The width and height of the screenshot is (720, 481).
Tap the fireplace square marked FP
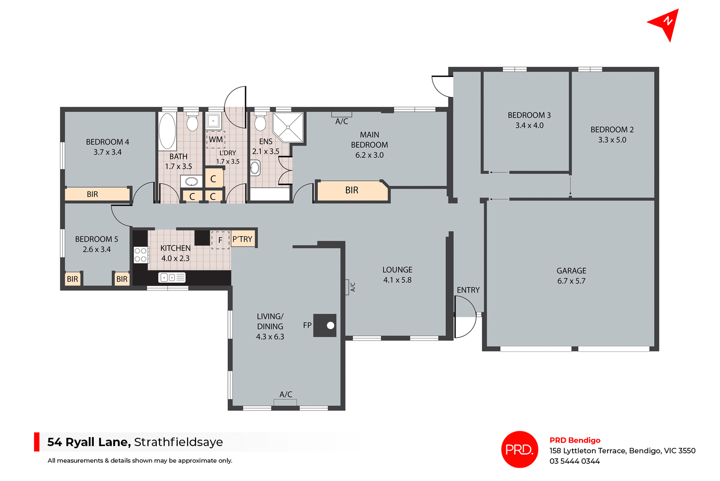(x=325, y=325)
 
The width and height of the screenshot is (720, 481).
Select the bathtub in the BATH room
(x=167, y=131)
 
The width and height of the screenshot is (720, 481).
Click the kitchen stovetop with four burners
(x=141, y=255)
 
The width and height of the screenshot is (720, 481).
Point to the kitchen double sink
(x=172, y=277)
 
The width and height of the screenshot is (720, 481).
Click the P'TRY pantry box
(x=243, y=239)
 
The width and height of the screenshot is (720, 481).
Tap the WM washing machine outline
(x=216, y=139)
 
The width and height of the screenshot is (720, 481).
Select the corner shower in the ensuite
(x=288, y=127)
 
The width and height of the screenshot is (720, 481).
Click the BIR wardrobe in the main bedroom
(x=352, y=190)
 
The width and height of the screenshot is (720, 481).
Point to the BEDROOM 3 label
(x=529, y=115)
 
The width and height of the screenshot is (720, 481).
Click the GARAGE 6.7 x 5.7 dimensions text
(x=571, y=281)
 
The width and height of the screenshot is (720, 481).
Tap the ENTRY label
(x=468, y=290)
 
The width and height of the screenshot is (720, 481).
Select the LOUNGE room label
(x=397, y=270)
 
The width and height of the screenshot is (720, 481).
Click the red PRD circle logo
(x=519, y=449)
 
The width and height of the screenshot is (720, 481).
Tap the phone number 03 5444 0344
(x=574, y=461)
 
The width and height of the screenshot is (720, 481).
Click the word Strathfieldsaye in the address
(x=178, y=442)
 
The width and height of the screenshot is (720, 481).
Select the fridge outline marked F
(x=220, y=240)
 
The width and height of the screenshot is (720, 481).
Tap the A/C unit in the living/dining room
(x=285, y=402)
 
